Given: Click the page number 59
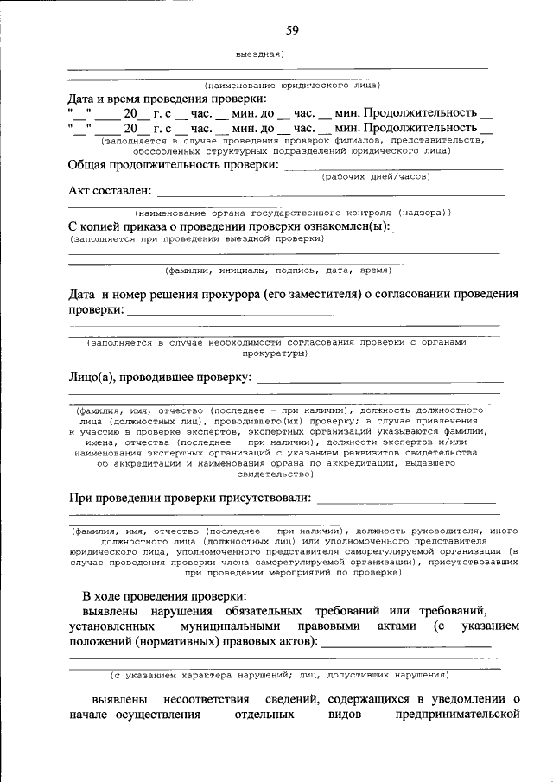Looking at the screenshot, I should tap(292, 31).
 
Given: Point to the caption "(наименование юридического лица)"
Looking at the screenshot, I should tap(292, 86).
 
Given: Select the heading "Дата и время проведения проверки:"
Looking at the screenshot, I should tap(155, 99).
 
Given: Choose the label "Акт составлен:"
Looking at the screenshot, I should tap(110, 190).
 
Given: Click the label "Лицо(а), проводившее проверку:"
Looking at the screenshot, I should tap(160, 378).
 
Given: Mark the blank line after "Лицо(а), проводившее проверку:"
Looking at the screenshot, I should tap(380, 381).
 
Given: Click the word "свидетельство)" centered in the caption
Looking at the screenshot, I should tap(276, 474).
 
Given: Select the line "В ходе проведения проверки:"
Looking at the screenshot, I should tap(164, 596).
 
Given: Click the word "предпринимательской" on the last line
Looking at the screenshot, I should tap(457, 715).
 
